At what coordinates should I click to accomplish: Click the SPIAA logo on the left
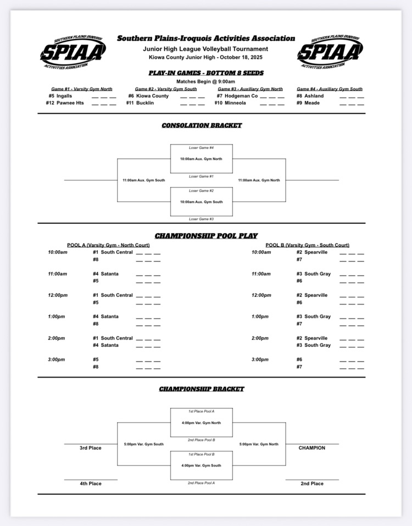[x=73, y=52]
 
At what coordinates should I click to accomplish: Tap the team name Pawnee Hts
[x=70, y=103]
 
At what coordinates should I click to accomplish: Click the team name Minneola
[x=238, y=103]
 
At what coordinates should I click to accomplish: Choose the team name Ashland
[x=315, y=96]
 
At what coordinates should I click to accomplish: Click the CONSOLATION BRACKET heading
[x=202, y=125]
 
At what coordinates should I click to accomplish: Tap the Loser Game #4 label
[x=201, y=148]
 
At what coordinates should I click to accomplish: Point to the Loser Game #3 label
[x=201, y=219]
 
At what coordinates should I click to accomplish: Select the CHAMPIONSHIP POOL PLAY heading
[x=206, y=236]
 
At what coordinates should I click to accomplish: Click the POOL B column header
[x=307, y=245]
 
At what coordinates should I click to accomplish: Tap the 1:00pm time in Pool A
[x=57, y=317]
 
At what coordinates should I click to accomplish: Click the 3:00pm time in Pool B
[x=261, y=359]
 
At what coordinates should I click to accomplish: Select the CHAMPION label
[x=311, y=448]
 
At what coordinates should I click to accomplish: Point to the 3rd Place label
[x=90, y=448]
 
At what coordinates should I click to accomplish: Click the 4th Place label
[x=90, y=484]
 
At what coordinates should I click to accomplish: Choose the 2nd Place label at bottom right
[x=311, y=484]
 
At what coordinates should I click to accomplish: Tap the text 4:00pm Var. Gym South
[x=201, y=466]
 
